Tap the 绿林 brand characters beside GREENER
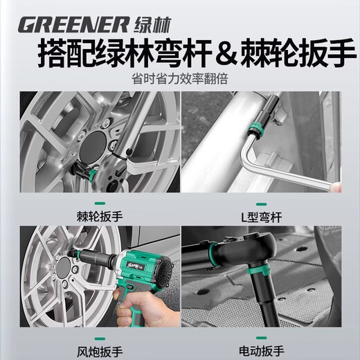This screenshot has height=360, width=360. [x=149, y=24]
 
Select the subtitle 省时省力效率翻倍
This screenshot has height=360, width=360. [x=179, y=79]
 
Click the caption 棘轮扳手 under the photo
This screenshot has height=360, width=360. [x=90, y=216]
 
